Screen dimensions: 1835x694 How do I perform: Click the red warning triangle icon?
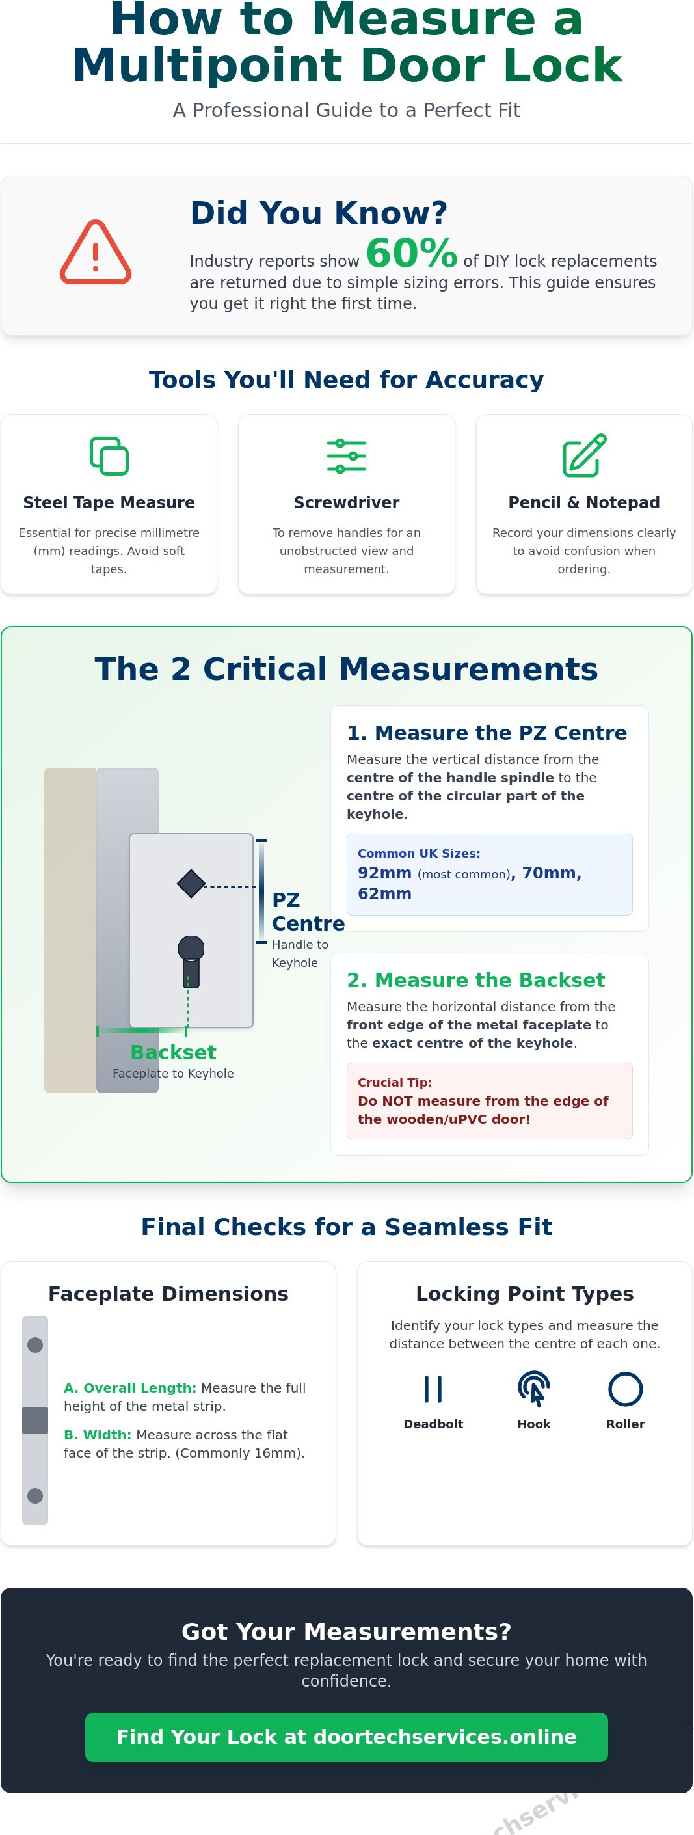coord(96,252)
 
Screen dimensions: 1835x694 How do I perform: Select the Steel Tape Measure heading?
coord(108,502)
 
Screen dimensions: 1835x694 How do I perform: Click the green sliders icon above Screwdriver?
coord(346,456)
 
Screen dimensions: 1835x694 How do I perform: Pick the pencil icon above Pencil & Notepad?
coord(583,455)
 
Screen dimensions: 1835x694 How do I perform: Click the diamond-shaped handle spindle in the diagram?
coord(191,884)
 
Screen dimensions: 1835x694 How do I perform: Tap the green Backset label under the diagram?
coord(173,1052)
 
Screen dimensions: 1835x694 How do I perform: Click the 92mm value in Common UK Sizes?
coord(384,873)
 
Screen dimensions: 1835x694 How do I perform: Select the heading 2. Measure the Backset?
coord(475,980)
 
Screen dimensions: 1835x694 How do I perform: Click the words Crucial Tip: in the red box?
coord(394,1082)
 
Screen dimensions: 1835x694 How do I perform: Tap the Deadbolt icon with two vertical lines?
coord(433,1389)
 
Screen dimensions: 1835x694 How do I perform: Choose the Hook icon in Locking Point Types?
coord(534,1389)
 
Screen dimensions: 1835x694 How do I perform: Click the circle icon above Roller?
coord(625,1389)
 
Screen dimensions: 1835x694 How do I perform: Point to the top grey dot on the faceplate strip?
coord(35,1345)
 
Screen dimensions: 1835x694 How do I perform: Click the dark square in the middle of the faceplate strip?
coord(35,1420)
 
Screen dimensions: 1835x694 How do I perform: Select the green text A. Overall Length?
coord(129,1388)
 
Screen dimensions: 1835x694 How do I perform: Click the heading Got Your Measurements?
coord(346,1631)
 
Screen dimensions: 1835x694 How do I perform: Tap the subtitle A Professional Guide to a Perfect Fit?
coord(346,111)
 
